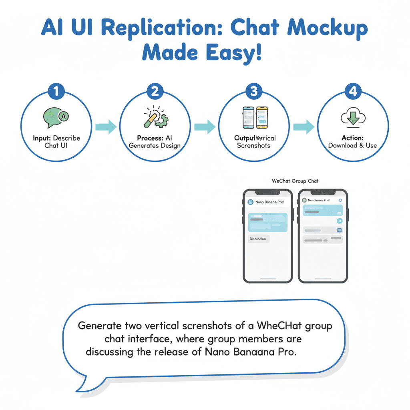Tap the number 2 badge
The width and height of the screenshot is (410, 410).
155,92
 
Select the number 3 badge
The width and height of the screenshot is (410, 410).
253,92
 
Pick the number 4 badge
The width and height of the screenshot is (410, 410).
353,92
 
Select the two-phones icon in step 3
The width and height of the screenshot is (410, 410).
255,117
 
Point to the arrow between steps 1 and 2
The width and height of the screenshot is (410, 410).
106,127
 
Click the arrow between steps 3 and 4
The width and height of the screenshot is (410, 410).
303,127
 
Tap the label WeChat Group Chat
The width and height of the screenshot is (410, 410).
295,181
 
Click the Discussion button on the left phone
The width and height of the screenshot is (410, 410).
258,239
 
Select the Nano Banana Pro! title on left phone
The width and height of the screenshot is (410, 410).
269,202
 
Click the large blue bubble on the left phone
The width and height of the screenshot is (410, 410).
268,222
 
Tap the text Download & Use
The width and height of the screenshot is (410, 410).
352,145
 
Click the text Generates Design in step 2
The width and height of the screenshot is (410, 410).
155,145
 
